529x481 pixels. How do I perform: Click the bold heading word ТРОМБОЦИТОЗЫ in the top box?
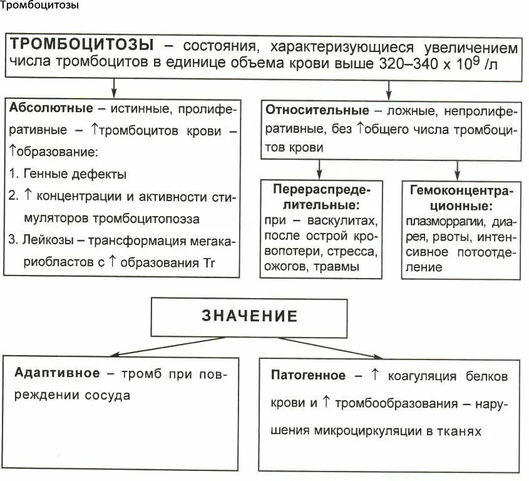click(82, 45)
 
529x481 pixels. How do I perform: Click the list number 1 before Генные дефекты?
click(14, 173)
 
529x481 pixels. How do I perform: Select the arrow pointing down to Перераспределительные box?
click(320, 167)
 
